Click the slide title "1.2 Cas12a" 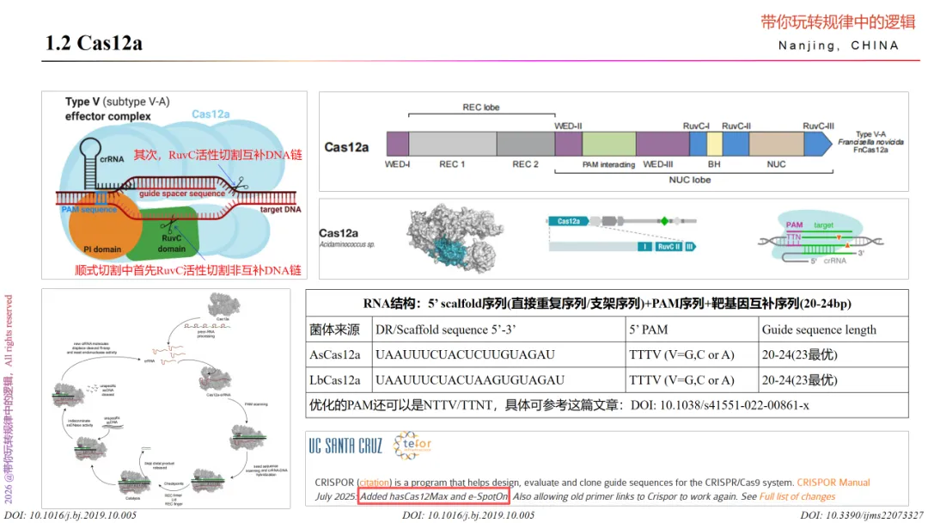94,43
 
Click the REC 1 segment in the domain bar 451,144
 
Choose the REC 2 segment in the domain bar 525,144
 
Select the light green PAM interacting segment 608,144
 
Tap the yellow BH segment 714,144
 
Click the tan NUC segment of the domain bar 776,144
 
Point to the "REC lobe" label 480,108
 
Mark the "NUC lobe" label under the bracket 690,180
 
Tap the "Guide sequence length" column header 819,329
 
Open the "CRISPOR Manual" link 833,483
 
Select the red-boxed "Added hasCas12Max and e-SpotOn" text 434,496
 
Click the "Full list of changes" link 797,496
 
